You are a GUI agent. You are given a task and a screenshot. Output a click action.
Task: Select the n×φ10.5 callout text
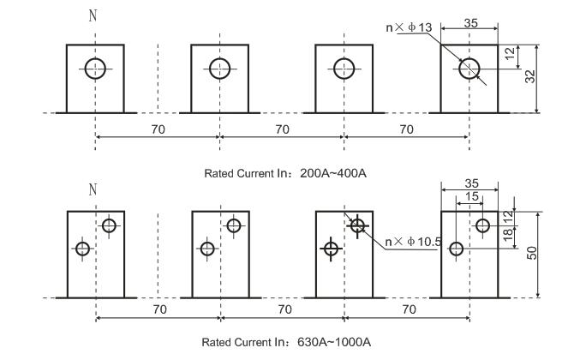tap(413, 242)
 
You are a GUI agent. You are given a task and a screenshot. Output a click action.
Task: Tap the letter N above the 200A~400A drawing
tap(93, 16)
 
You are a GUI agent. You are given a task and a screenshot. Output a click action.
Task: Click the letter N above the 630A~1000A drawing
tap(93, 189)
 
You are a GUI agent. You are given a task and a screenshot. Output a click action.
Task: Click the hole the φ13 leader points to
tap(469, 68)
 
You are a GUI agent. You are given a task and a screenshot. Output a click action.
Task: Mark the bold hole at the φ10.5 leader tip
tap(358, 225)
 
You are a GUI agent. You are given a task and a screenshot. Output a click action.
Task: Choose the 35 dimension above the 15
tap(469, 183)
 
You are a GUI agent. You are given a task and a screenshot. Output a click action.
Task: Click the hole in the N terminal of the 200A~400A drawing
tap(96, 68)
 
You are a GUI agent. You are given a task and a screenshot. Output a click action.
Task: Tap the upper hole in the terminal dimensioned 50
tap(483, 225)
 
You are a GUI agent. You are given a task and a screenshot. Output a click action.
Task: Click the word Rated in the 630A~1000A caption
tap(216, 342)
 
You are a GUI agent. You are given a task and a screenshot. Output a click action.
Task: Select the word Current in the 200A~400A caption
tap(253, 173)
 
